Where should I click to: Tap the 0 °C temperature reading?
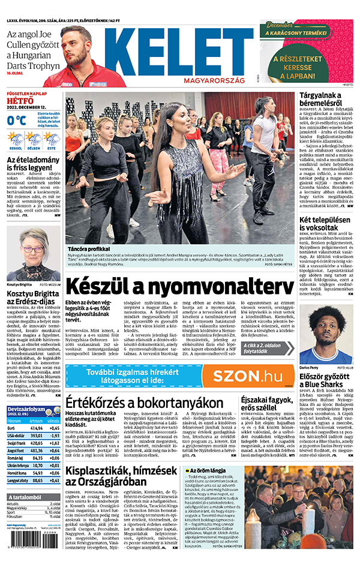point(16,120)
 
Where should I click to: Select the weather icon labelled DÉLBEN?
point(34,139)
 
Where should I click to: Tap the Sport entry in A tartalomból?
point(12,513)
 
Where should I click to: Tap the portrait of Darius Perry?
point(327,336)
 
